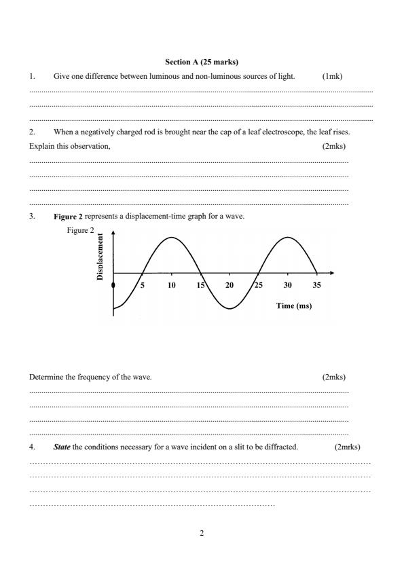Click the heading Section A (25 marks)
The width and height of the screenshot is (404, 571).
tap(202, 62)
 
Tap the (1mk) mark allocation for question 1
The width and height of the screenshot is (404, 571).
tap(333, 76)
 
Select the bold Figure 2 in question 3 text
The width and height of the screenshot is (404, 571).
tap(68, 217)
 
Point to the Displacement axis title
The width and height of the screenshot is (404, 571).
tap(100, 257)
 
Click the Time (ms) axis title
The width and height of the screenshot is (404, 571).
tap(294, 306)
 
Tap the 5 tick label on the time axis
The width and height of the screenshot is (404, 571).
tap(143, 285)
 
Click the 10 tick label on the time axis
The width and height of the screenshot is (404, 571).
tap(171, 285)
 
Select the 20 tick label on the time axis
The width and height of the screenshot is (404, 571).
tap(229, 285)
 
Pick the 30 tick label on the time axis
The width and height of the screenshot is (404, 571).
tap(288, 285)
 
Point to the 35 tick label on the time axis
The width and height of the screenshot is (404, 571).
tap(316, 285)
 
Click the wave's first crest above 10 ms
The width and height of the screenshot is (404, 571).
tap(172, 238)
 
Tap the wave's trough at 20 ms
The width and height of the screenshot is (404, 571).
tap(230, 309)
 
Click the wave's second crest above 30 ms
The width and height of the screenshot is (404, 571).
tap(289, 238)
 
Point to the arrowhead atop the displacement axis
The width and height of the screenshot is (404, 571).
tap(113, 232)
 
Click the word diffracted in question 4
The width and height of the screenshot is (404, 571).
tap(282, 447)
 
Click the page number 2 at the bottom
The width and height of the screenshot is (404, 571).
tap(202, 533)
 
